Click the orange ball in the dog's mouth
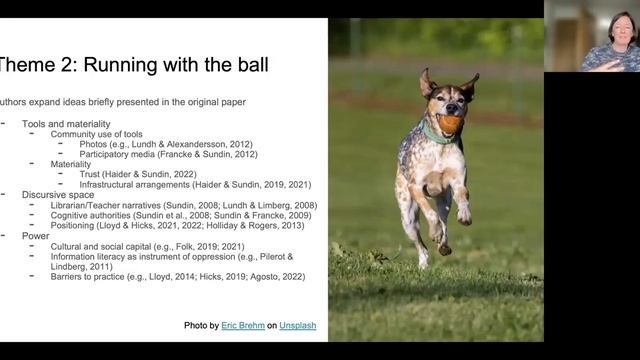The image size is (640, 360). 450,124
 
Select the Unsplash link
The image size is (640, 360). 297,326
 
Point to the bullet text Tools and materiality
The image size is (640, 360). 67,123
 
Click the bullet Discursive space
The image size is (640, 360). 59,194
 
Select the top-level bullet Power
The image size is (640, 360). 36,235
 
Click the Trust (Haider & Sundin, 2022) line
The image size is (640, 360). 151,174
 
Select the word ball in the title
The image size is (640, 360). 247,66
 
